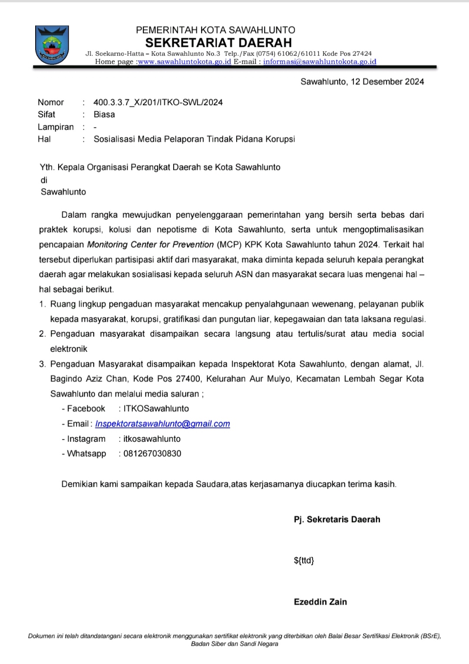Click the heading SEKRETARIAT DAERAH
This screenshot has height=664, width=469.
point(218,43)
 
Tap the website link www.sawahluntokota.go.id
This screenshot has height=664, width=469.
point(185,62)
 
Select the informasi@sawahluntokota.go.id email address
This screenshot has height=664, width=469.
point(320,62)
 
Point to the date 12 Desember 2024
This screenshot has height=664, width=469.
point(387,82)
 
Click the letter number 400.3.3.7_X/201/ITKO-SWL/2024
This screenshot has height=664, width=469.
point(158,102)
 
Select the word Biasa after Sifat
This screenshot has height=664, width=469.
point(104,115)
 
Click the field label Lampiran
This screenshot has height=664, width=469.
point(56,127)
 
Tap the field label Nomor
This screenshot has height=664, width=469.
point(51,102)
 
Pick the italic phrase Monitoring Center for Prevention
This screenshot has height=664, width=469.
point(150,244)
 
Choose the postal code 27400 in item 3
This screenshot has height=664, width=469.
point(188,379)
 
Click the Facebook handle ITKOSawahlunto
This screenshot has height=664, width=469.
point(156,409)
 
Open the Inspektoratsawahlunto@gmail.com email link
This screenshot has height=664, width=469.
point(162,424)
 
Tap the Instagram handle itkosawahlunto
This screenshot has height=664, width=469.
point(152,439)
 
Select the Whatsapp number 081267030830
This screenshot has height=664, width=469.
point(152,454)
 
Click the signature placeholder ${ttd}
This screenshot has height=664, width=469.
point(304,561)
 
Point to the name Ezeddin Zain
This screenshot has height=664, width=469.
point(320,602)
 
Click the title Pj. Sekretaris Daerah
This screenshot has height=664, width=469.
point(337,519)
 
